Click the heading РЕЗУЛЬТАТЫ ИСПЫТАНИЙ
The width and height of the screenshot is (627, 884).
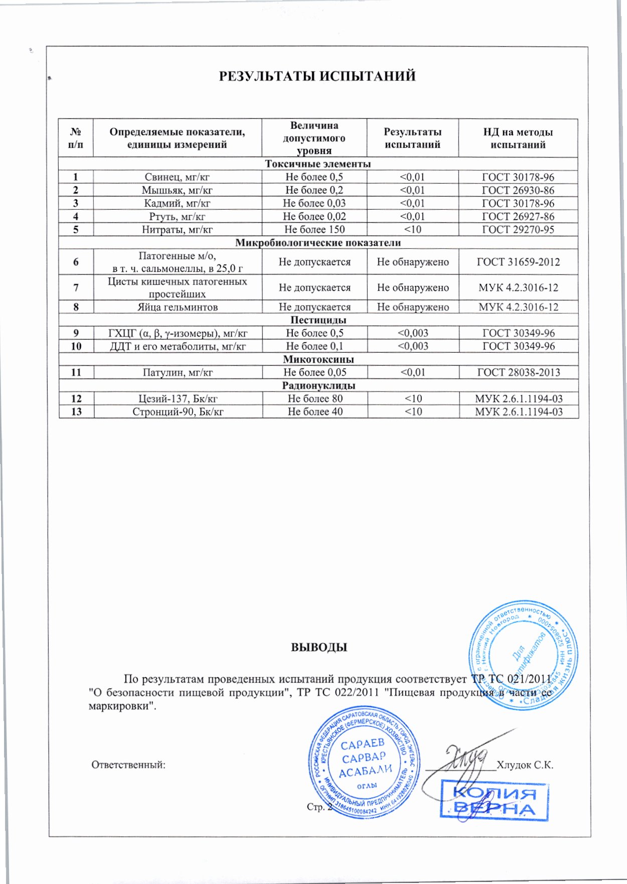(x=317, y=76)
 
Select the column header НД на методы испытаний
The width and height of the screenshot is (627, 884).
(x=518, y=138)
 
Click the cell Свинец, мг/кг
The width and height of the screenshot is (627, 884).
(x=177, y=177)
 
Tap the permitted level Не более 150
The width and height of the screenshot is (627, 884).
(x=315, y=229)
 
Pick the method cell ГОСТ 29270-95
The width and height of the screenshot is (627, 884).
(x=518, y=229)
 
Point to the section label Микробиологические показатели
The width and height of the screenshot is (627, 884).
(x=318, y=243)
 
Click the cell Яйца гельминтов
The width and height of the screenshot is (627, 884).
(x=177, y=307)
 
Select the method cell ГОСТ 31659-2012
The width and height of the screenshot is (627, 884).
(x=518, y=262)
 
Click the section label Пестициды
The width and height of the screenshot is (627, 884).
(x=318, y=320)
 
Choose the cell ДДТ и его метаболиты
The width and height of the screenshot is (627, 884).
(x=177, y=346)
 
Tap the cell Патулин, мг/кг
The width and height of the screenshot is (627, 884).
(x=177, y=372)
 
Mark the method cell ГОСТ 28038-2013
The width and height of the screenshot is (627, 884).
(x=518, y=372)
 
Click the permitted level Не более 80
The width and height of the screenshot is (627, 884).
(x=315, y=398)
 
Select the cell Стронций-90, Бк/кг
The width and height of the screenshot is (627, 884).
(x=177, y=411)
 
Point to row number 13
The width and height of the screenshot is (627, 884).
(x=76, y=411)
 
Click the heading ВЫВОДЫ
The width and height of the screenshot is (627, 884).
(x=319, y=647)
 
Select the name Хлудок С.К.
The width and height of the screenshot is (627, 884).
(x=525, y=765)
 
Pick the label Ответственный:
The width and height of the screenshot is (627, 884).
(x=128, y=765)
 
